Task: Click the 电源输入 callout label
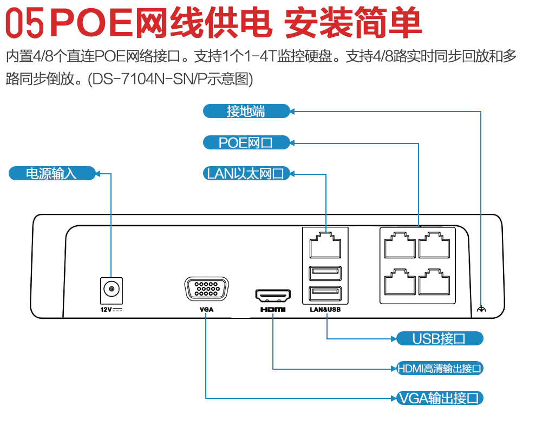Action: (52, 173)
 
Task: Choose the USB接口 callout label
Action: (439, 339)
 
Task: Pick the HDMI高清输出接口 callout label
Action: (439, 369)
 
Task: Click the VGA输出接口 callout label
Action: (439, 398)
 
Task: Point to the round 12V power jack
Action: (112, 290)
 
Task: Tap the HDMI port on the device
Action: (273, 296)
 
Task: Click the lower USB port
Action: (325, 293)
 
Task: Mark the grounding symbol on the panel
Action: (481, 310)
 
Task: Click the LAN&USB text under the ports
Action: (325, 310)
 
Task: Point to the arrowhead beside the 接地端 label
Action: (292, 112)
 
